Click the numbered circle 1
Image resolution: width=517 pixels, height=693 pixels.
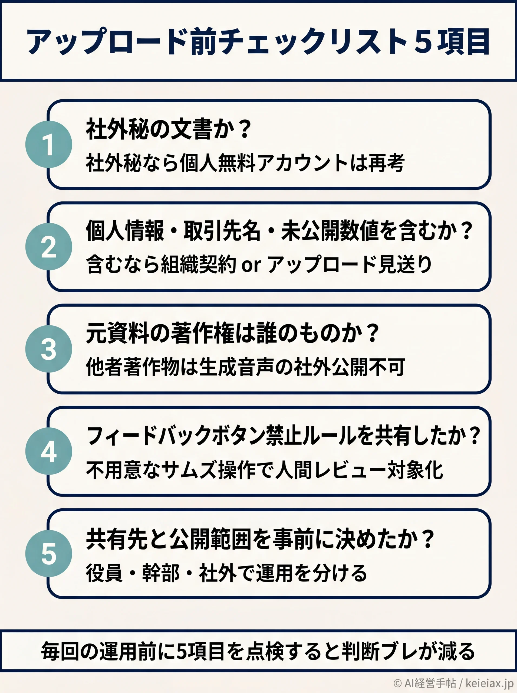tap(48, 144)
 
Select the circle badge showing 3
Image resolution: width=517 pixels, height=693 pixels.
tap(48, 349)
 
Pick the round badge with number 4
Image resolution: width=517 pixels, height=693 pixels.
tap(48, 451)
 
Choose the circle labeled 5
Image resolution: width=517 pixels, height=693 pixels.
tap(48, 554)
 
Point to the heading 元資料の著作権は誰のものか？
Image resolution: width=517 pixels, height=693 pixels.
tap(232, 333)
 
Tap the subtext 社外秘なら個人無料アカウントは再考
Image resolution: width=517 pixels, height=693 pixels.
tap(245, 163)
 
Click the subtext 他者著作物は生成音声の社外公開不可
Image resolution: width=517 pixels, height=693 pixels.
tap(245, 367)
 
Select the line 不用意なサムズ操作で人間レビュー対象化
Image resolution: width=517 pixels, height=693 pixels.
tap(264, 470)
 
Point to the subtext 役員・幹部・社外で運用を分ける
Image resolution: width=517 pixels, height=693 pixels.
tap(226, 573)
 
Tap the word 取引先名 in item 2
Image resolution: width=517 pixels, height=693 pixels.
tap(222, 230)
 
